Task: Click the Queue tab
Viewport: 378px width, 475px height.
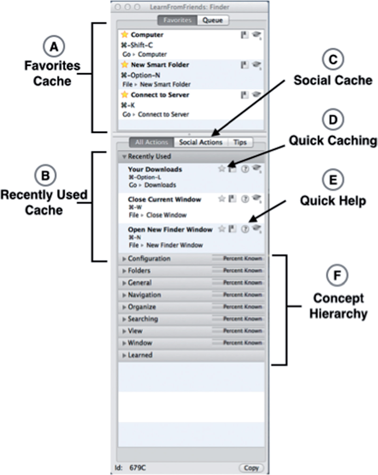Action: coord(213,20)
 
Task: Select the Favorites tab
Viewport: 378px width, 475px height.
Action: coord(177,20)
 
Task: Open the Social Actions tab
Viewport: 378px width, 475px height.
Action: coord(201,142)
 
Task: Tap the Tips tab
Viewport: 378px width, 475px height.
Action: coord(240,142)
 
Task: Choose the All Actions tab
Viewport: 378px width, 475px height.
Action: coord(152,142)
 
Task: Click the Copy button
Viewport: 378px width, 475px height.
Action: coord(251,468)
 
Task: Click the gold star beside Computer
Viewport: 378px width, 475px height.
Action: coord(125,34)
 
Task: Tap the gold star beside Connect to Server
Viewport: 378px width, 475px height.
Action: coord(125,95)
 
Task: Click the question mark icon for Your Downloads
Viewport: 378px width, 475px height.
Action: coord(245,169)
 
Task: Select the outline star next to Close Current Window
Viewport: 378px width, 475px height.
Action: coord(222,199)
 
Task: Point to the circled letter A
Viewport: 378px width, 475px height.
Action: coord(54,47)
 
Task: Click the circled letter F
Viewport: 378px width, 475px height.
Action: coord(337,275)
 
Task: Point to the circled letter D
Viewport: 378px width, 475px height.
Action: coord(333,120)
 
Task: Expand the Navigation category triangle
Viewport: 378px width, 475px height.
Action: coord(124,295)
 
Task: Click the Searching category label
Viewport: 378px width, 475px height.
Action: coord(143,319)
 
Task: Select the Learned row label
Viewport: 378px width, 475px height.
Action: coord(140,355)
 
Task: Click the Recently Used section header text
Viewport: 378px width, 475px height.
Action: coord(149,156)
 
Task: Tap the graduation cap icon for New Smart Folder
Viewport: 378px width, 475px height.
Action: coord(256,65)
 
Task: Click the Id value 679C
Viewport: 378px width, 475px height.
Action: coord(138,468)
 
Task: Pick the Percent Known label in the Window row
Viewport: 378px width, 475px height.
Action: coord(242,343)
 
